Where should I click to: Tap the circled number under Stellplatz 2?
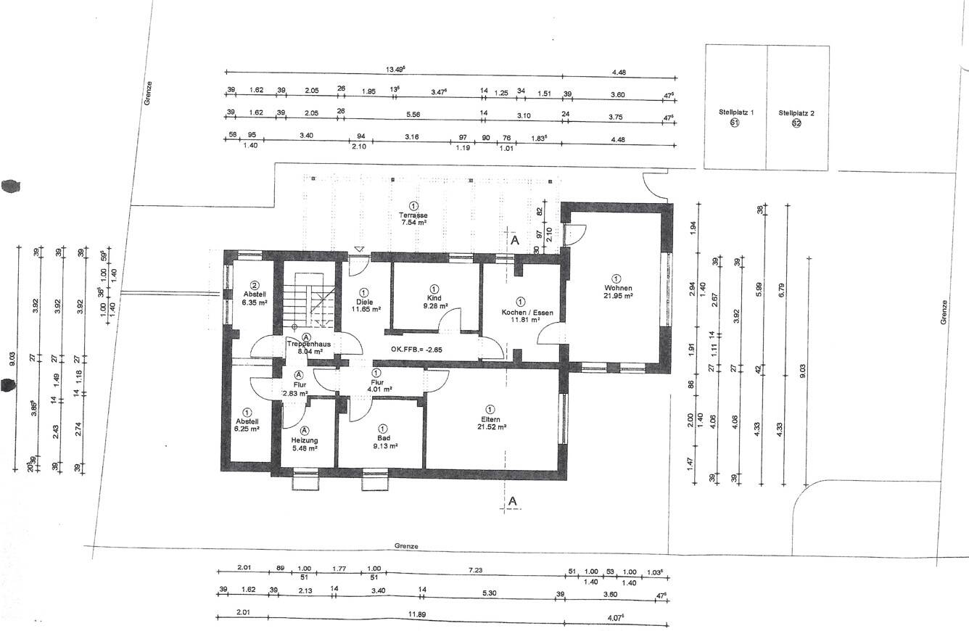(796, 123)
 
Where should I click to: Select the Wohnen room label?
(617, 288)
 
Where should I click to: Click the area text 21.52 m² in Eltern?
(491, 428)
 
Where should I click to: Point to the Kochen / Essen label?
(527, 313)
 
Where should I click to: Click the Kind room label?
(434, 298)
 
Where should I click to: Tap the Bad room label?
(383, 438)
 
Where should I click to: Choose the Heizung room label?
(305, 440)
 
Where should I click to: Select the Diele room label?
(363, 302)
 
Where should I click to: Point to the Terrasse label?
(413, 215)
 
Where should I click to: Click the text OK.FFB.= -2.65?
(416, 350)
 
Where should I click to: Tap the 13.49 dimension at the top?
(395, 70)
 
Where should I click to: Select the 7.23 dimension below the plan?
(475, 571)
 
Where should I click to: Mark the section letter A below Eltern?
(512, 501)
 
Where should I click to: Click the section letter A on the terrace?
(514, 239)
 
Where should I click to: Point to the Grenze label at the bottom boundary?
(407, 546)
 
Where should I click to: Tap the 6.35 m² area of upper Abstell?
(255, 302)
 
